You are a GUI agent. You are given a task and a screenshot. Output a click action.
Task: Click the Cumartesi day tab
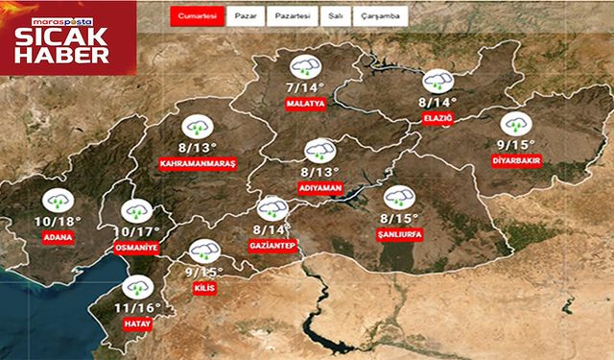197,17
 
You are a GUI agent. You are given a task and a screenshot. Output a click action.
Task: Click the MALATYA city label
306,102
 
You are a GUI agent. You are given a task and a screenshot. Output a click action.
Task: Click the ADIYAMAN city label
319,187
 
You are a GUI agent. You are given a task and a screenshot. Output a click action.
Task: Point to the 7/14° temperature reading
305,86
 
